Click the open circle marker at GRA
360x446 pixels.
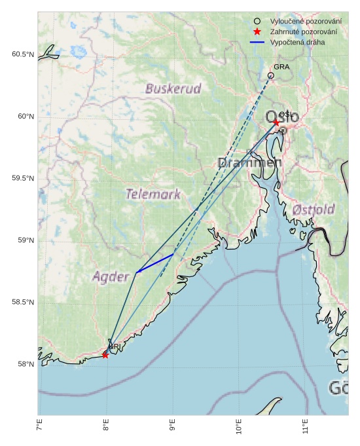tap(271, 76)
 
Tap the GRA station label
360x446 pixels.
tap(281, 67)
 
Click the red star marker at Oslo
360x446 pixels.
tap(276, 122)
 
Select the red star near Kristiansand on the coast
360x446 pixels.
tap(105, 355)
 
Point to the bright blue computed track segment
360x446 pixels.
tap(154, 263)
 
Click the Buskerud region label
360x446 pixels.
tap(173, 88)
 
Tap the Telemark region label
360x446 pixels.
tap(153, 194)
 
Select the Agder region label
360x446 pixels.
tap(111, 276)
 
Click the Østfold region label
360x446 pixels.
tap(314, 210)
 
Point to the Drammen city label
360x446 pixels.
tap(249, 162)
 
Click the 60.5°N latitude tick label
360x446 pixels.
tap(22, 54)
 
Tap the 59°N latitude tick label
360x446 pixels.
tap(25, 240)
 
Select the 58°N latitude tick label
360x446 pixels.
tap(25, 364)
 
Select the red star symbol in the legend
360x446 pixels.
tap(257, 31)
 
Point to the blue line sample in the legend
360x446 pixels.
tap(257, 42)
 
